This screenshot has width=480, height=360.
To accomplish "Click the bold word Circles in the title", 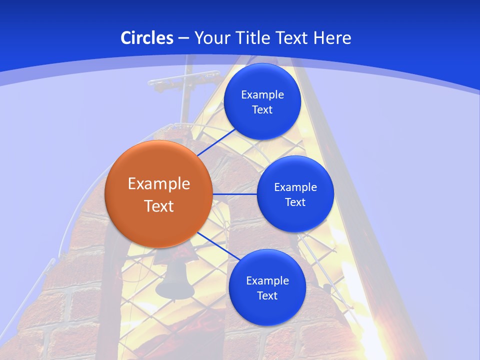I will [x=146, y=38].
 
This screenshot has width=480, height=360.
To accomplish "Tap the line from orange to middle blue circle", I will [x=235, y=194].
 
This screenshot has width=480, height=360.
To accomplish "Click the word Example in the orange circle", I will [x=159, y=183].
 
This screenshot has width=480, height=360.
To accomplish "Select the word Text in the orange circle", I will [x=159, y=206].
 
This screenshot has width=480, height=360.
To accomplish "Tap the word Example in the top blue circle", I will [x=262, y=94].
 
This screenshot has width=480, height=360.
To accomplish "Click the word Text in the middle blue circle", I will [x=295, y=202].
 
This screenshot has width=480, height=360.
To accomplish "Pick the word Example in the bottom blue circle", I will [x=267, y=280].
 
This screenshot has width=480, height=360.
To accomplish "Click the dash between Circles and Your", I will [x=183, y=38].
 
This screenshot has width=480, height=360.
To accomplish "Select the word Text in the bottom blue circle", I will [x=267, y=295].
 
